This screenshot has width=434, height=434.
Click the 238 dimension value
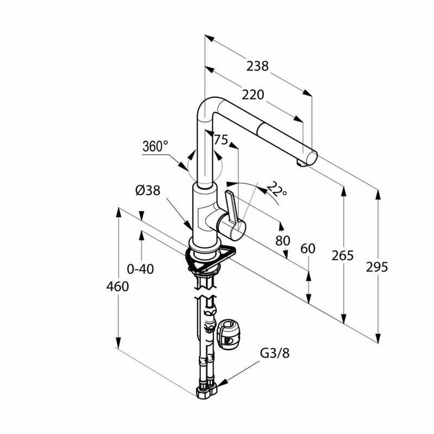pos(257,66)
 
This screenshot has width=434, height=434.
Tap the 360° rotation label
pos(155,146)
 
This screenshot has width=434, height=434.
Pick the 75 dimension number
pos(220,140)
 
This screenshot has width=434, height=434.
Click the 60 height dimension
pos(307,249)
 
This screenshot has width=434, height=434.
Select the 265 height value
pos(343,255)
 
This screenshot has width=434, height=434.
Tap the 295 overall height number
pos(377,267)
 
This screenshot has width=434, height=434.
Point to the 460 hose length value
pos(117,286)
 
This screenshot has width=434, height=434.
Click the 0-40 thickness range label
pos(140,268)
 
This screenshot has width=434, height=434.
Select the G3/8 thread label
pos(275,353)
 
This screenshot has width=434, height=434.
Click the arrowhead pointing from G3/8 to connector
pos(221,383)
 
